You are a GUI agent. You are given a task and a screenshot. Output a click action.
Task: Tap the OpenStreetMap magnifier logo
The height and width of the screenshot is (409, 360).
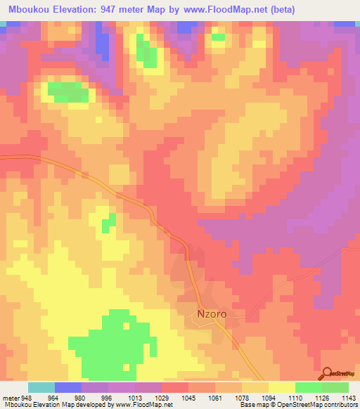[x=327, y=372]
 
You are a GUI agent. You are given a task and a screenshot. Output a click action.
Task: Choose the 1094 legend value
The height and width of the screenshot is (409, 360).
[x=268, y=397]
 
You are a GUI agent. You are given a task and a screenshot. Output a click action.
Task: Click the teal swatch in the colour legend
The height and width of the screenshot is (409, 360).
[x=41, y=387]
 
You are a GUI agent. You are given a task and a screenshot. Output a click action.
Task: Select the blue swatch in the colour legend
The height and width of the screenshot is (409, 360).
[x=68, y=387]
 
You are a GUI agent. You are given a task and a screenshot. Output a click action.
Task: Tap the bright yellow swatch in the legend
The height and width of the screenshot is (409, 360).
[x=282, y=387]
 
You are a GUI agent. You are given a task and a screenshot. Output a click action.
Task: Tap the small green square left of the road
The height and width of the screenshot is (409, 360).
[x=108, y=225]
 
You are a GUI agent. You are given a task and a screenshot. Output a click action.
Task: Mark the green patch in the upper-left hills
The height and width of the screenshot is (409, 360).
[x=68, y=92]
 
